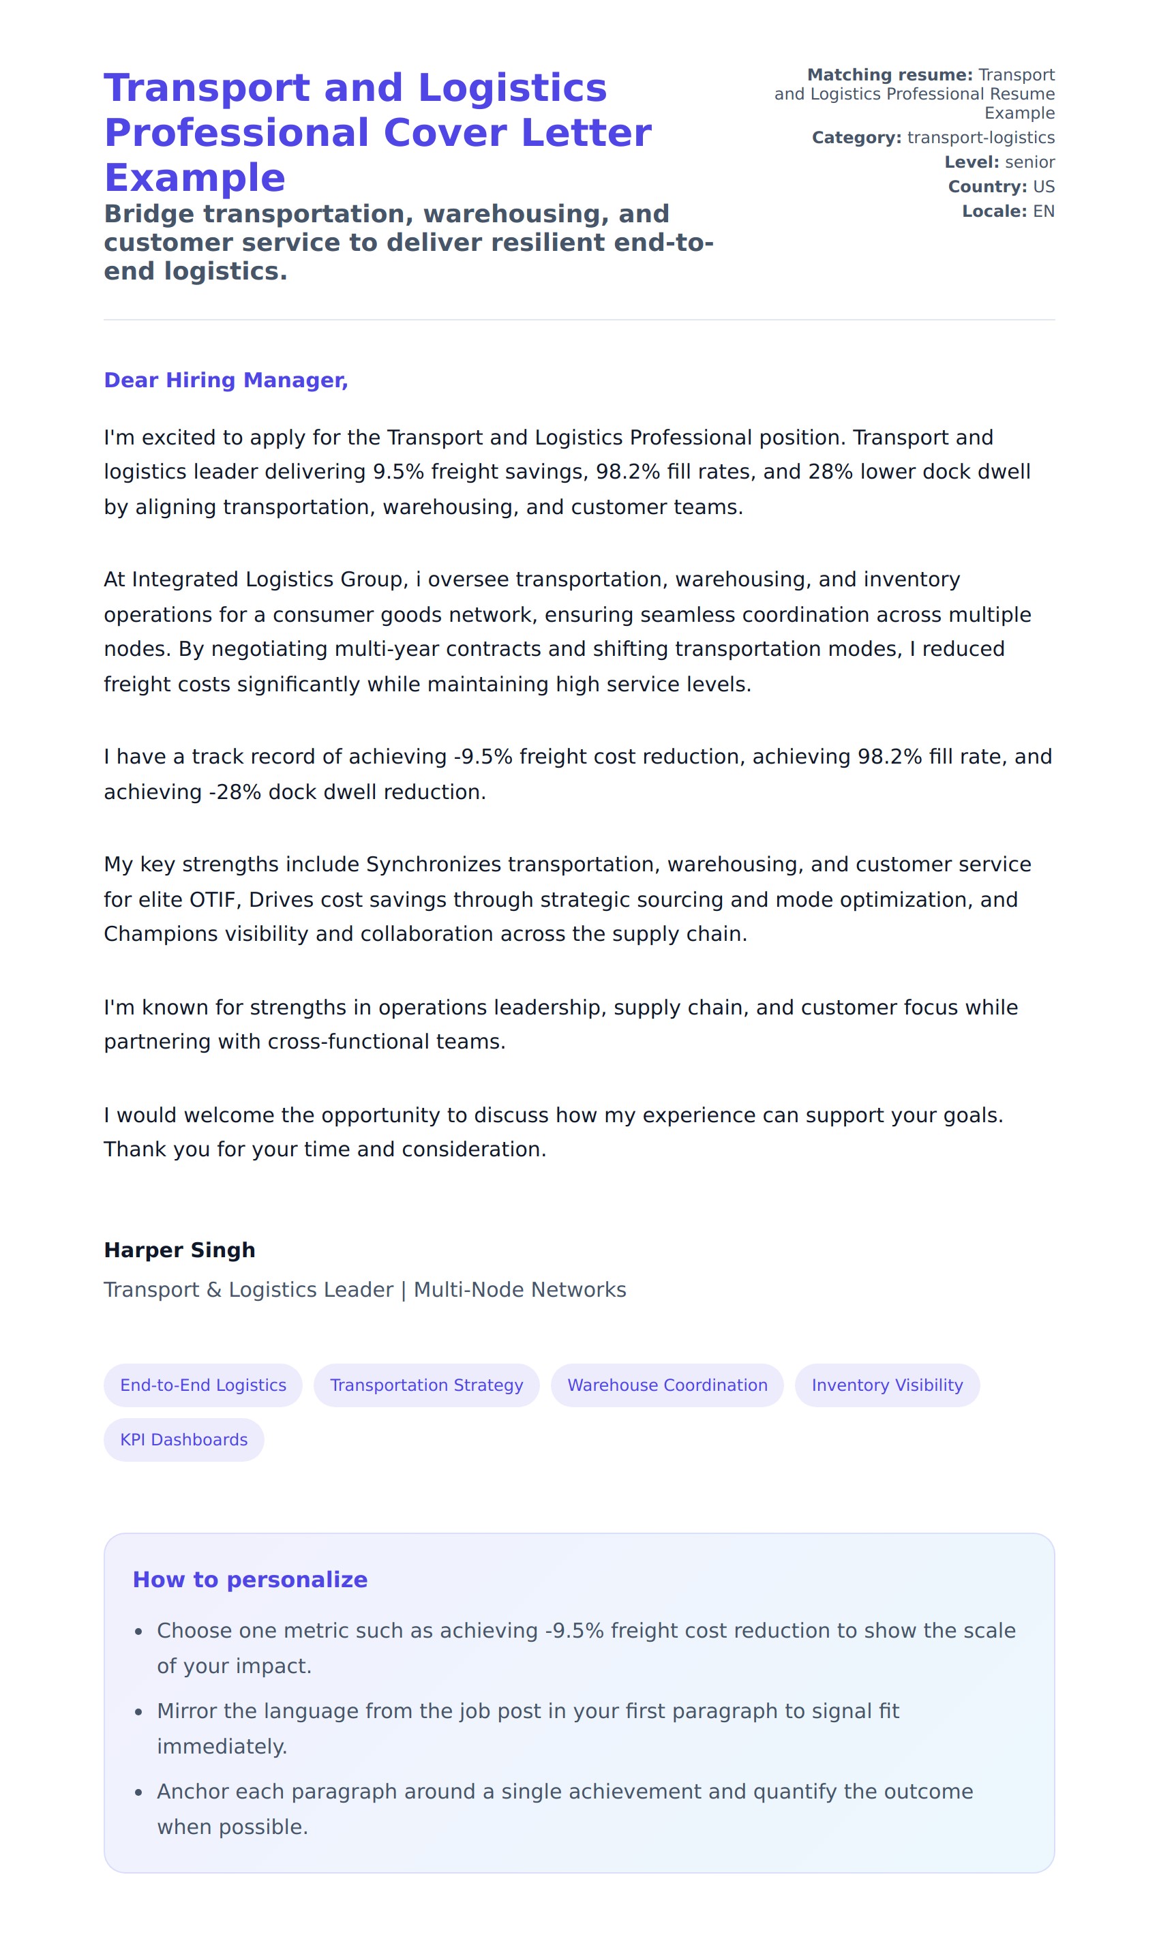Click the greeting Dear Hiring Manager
tap(226, 380)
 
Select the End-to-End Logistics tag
tap(203, 1385)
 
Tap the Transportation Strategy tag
tap(426, 1385)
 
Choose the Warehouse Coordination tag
tap(667, 1385)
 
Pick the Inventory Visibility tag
tap(886, 1385)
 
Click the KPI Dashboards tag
tap(183, 1439)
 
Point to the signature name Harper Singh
tap(179, 1250)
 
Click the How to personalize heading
tap(250, 1579)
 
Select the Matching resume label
tap(889, 75)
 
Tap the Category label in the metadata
tap(856, 138)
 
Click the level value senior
tap(1029, 162)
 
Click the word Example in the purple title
tap(194, 178)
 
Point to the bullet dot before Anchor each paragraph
tap(138, 1793)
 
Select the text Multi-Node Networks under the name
tap(520, 1289)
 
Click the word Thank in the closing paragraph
tap(131, 1149)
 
